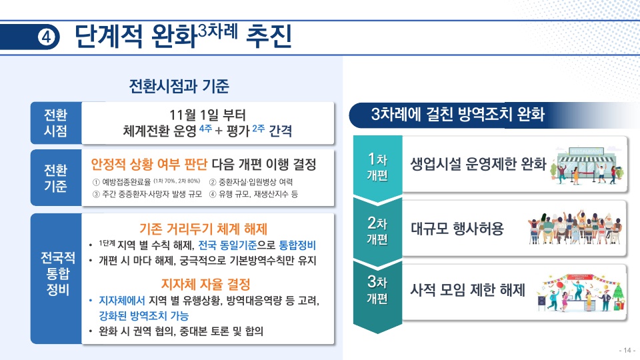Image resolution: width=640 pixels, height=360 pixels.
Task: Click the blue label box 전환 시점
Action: (x=55, y=123)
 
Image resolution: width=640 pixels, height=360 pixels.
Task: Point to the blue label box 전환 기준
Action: (x=55, y=178)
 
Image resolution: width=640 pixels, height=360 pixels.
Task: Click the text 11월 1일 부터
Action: (x=207, y=114)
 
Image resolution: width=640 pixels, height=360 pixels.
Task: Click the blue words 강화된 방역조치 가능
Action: (x=143, y=315)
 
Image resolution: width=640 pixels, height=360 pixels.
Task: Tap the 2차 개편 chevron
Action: (x=377, y=229)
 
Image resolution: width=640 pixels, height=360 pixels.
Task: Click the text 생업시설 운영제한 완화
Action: (x=477, y=164)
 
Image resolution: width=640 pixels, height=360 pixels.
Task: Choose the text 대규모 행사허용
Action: (x=457, y=229)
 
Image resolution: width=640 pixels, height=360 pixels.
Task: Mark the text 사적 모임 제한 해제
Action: (x=467, y=290)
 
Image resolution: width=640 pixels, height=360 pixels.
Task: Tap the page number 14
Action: (x=627, y=350)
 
